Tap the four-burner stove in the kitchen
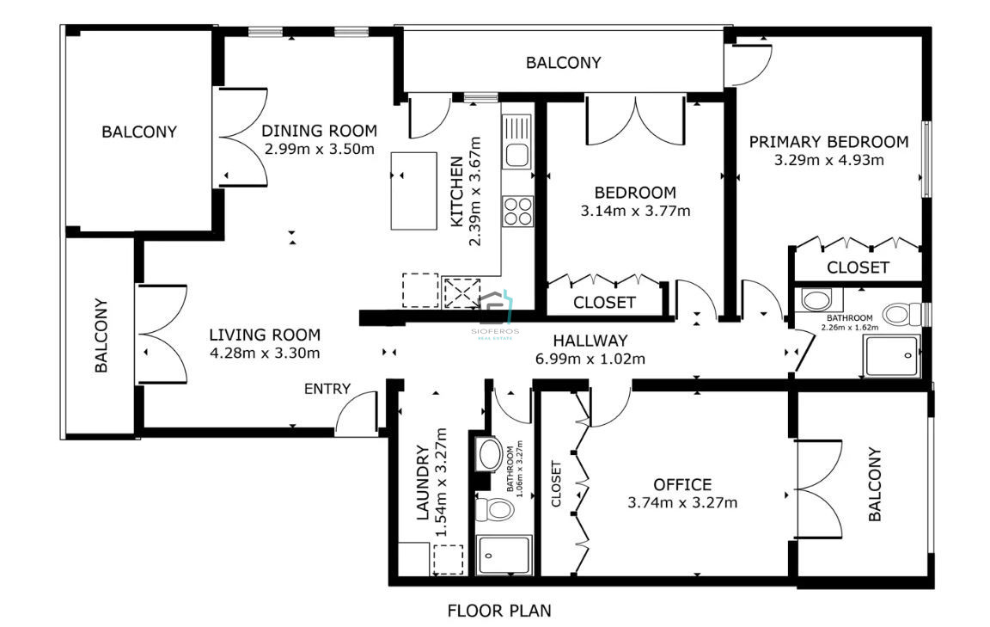pos(517,211)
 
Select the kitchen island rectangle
pos(413,190)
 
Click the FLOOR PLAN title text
pos(498,611)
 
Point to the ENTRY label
pos(327,389)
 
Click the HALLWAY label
pos(590,341)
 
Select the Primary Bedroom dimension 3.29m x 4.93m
pos(829,160)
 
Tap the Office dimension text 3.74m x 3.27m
pos(682,502)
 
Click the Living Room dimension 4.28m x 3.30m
pos(265,352)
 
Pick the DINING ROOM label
pos(319,131)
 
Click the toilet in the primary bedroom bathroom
pos(902,313)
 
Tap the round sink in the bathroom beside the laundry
pos(490,454)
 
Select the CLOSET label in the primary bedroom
pos(858,267)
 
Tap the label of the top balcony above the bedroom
pos(563,63)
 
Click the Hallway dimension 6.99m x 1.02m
pos(590,359)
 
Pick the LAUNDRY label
pos(423,483)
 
